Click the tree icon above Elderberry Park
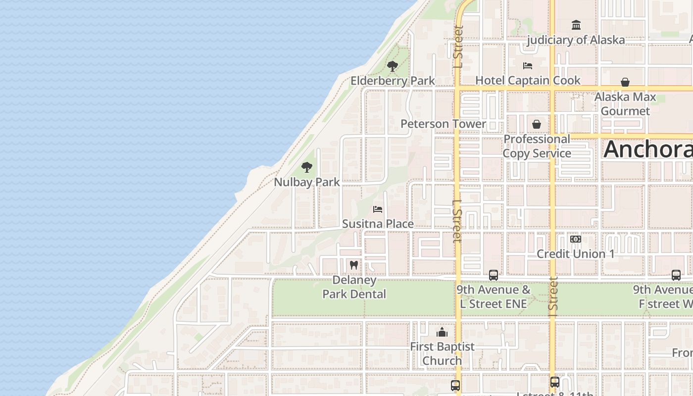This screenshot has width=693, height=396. click(393, 66)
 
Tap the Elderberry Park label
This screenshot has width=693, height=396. click(393, 81)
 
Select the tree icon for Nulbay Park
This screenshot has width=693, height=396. click(307, 167)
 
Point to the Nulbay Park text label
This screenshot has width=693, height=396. click(307, 182)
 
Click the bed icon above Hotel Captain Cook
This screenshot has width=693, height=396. click(528, 66)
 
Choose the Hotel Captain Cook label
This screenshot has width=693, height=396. click(528, 80)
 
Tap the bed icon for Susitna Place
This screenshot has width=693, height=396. click(378, 209)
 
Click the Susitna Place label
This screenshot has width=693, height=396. click(378, 224)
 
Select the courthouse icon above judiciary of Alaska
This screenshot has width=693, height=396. click(576, 25)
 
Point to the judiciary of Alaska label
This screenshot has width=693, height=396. click(576, 40)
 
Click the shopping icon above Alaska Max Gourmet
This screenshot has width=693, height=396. click(625, 82)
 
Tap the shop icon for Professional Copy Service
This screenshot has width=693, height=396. click(537, 124)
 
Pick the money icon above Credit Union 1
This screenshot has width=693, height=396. click(575, 239)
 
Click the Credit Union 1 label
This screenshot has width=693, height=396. click(576, 254)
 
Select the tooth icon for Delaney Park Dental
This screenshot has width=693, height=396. click(354, 265)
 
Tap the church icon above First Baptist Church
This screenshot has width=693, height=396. click(442, 332)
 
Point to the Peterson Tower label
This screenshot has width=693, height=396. click(443, 124)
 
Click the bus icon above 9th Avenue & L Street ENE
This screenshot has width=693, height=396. click(494, 275)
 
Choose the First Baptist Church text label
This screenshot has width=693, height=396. click(442, 353)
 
